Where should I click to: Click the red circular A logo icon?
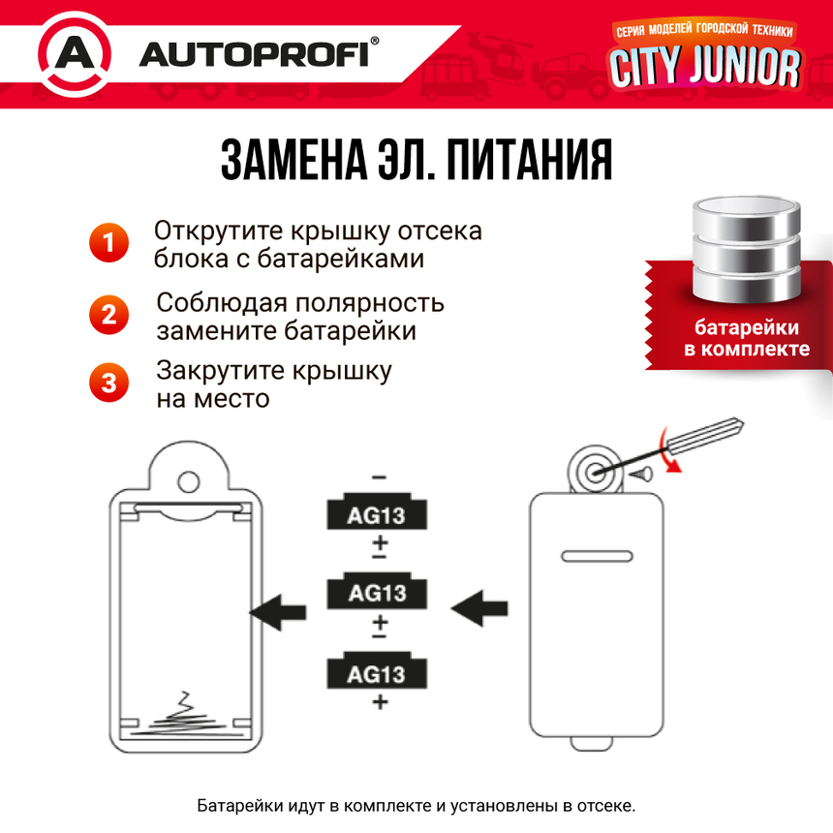pyautogui.click(x=74, y=53)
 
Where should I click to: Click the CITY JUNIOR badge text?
pyautogui.click(x=704, y=66)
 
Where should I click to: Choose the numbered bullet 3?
pyautogui.click(x=108, y=383)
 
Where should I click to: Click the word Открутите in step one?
pyautogui.click(x=210, y=232)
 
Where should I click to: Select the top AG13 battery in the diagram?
pyautogui.click(x=378, y=513)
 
